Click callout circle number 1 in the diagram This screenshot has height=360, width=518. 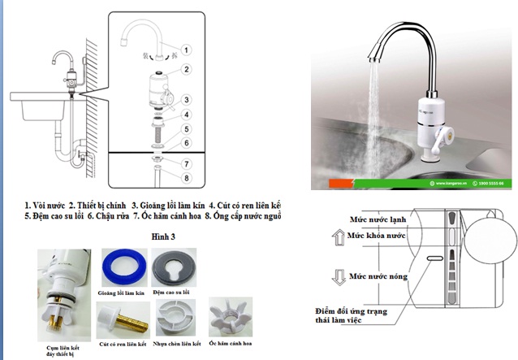click(x=186, y=50)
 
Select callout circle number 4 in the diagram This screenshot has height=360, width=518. click(x=186, y=115)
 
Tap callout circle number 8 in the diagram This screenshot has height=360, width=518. click(x=186, y=178)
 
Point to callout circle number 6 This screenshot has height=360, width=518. click(x=186, y=143)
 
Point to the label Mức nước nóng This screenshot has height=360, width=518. click(x=377, y=277)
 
